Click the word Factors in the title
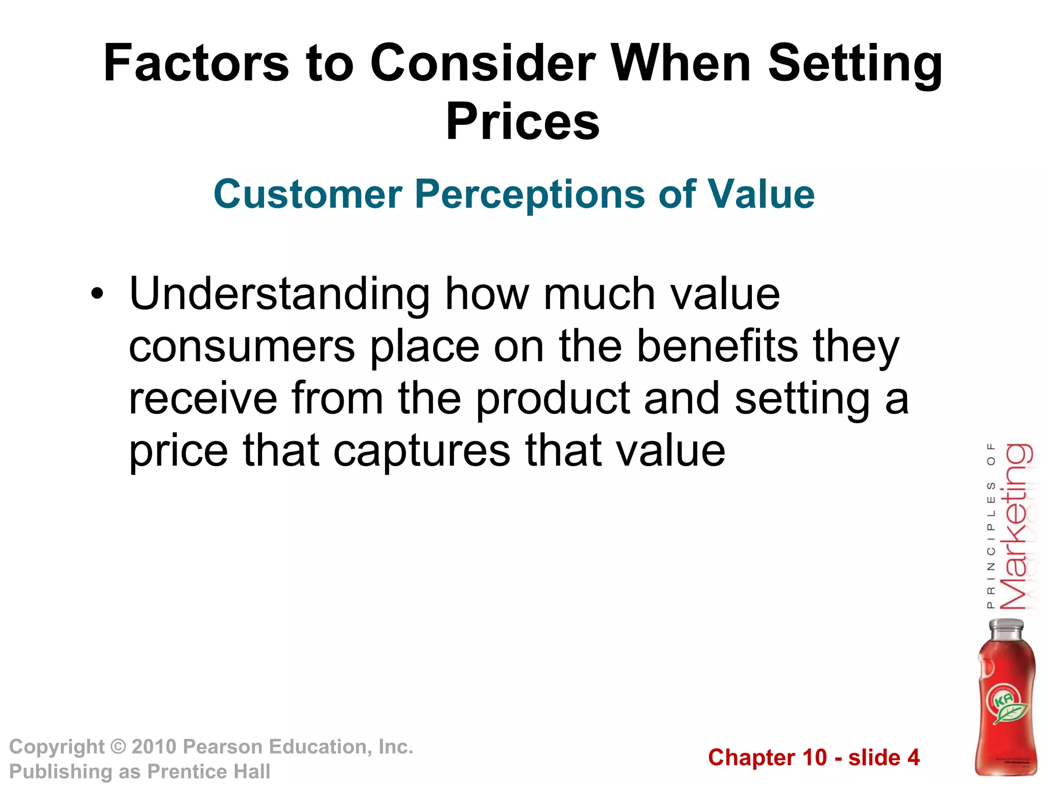click(196, 63)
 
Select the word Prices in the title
click(522, 122)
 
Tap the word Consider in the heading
click(482, 63)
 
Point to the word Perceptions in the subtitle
click(530, 195)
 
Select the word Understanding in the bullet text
click(279, 295)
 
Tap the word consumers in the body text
click(242, 347)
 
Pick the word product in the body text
click(553, 400)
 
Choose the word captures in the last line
click(422, 451)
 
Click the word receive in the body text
click(203, 399)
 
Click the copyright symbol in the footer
click(118, 747)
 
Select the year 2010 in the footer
click(154, 747)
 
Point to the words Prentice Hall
click(208, 772)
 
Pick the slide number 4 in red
click(913, 757)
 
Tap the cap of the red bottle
click(1006, 628)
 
